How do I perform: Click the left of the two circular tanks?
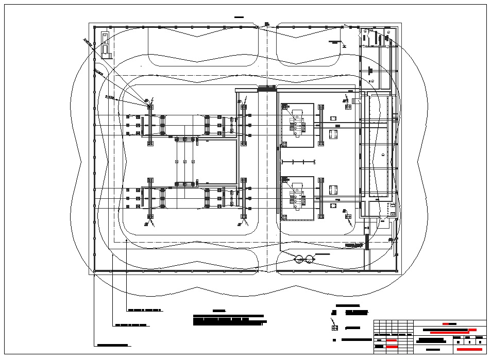click(299, 259)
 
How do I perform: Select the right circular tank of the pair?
click(309, 259)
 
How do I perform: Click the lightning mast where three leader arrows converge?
click(150, 106)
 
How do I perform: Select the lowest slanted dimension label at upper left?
click(109, 96)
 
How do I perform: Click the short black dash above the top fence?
click(239, 18)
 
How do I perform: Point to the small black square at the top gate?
click(266, 23)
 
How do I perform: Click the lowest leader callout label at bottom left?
click(112, 345)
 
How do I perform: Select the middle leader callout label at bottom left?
click(131, 325)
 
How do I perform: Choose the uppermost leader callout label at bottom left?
click(145, 311)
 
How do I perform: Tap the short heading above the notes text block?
click(219, 311)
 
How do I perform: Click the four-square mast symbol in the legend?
click(334, 328)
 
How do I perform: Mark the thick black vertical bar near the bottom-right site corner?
click(367, 242)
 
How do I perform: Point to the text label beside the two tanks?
click(323, 255)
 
